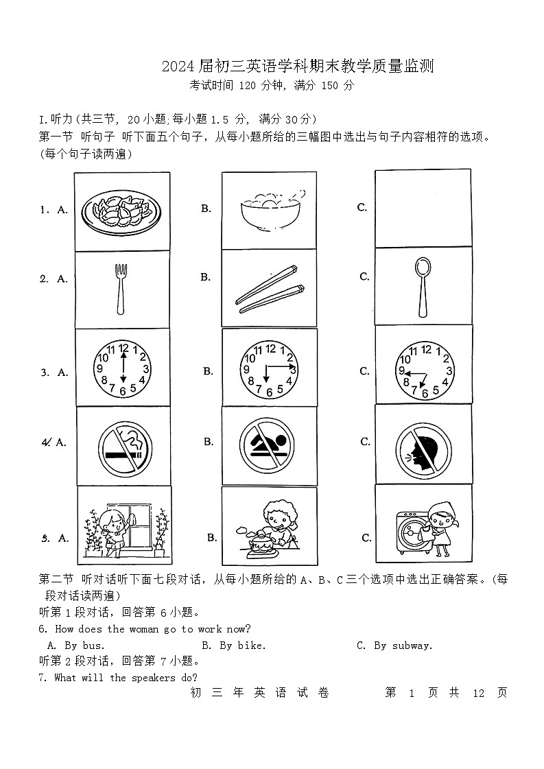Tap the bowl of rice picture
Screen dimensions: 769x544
click(270, 210)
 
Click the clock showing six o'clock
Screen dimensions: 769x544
click(123, 370)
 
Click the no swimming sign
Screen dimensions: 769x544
click(269, 445)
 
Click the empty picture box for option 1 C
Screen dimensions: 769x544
click(423, 208)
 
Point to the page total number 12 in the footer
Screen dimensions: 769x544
click(479, 693)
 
